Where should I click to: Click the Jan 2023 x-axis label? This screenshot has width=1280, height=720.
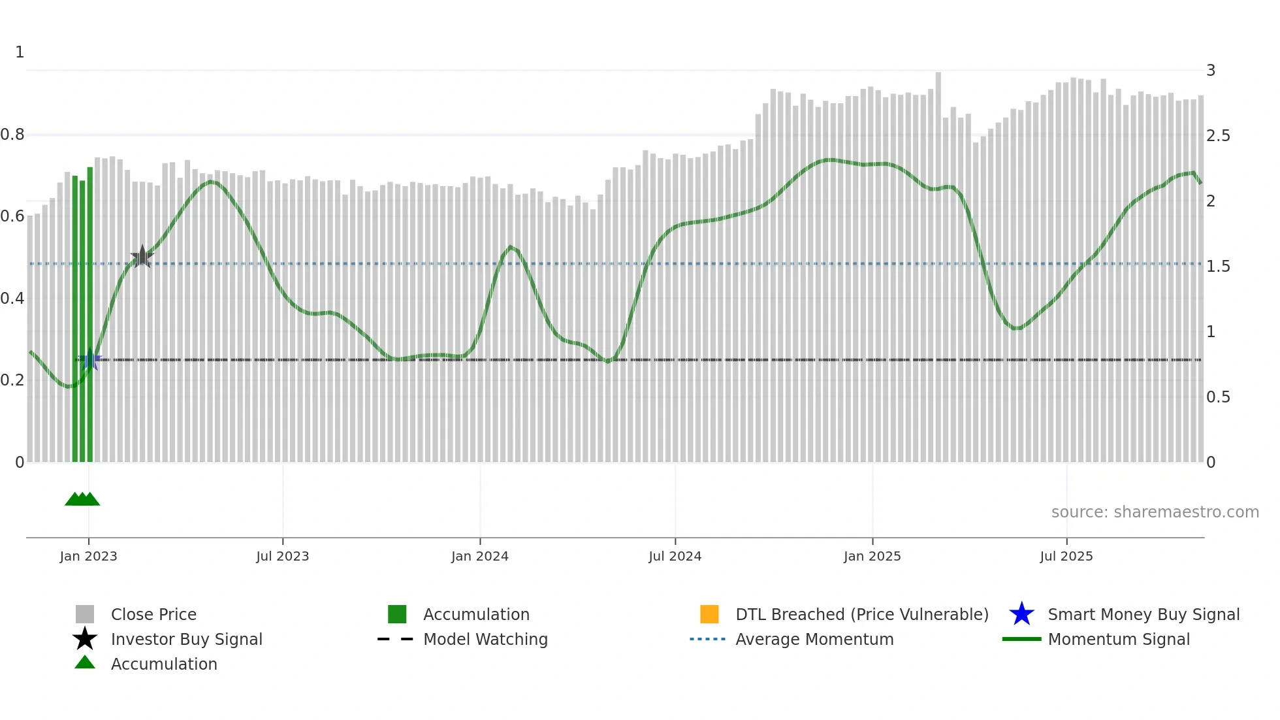click(x=88, y=556)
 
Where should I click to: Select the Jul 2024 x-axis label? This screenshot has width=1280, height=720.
click(x=675, y=556)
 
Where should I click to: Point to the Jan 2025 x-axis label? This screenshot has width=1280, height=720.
click(x=872, y=556)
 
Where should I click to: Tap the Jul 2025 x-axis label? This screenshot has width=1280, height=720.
click(x=1066, y=556)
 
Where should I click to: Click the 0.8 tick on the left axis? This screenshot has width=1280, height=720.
click(x=12, y=135)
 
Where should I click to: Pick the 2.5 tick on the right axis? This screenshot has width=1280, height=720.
click(x=1218, y=135)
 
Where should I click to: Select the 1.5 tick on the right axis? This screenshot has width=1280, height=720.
click(x=1218, y=266)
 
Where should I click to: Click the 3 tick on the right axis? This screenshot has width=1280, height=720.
click(x=1211, y=70)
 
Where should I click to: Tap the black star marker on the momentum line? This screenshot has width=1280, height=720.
click(x=142, y=257)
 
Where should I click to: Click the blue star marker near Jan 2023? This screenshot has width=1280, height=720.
click(x=90, y=359)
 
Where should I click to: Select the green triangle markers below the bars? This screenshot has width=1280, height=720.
click(x=82, y=499)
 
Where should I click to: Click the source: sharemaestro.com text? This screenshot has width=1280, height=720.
click(x=1155, y=512)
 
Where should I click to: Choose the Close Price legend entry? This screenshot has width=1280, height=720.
click(x=153, y=614)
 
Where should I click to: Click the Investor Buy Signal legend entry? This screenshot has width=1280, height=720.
click(x=186, y=639)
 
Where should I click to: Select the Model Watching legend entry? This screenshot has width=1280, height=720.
click(x=485, y=639)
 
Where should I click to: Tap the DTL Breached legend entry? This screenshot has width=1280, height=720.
click(x=861, y=614)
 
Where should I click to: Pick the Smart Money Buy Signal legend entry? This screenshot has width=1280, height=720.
click(x=1144, y=614)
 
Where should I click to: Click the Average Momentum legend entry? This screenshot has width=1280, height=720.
click(x=814, y=639)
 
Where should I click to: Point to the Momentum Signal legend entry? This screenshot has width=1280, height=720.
click(x=1119, y=639)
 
